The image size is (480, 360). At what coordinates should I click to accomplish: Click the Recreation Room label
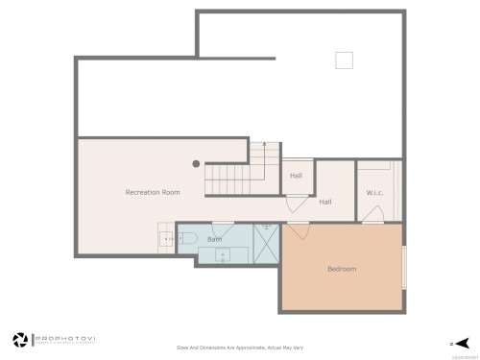(x=153, y=193)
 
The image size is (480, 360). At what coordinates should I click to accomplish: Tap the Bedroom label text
(x=341, y=269)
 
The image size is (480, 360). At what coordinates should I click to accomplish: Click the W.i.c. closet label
(x=374, y=193)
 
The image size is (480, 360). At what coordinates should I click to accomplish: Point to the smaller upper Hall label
(x=297, y=176)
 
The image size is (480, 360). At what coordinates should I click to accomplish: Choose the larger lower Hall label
(x=325, y=203)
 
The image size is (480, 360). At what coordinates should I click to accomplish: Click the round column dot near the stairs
(x=196, y=164)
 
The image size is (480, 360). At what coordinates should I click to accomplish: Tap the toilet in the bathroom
(x=188, y=237)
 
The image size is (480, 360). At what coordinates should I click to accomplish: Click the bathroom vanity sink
(x=224, y=254)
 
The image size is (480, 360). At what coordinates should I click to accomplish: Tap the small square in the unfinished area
(x=344, y=60)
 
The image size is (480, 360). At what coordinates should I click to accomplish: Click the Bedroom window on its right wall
(x=403, y=268)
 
